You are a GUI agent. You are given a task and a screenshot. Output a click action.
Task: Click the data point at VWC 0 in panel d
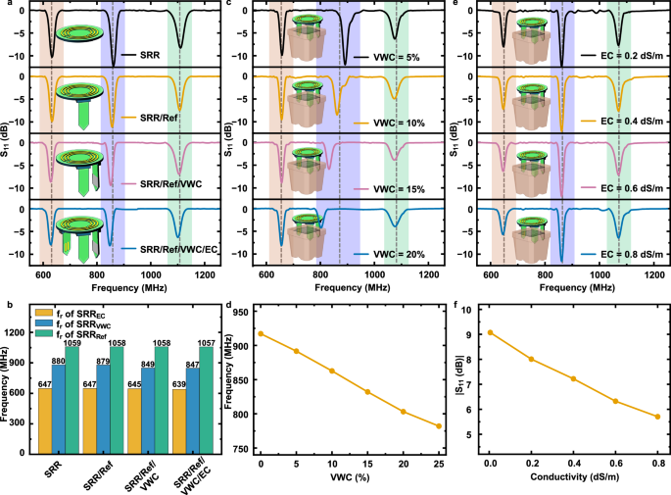[x=261, y=333]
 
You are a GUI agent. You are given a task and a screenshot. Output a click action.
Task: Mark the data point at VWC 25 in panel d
[x=439, y=426]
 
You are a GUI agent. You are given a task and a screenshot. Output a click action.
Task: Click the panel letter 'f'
[x=458, y=305]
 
